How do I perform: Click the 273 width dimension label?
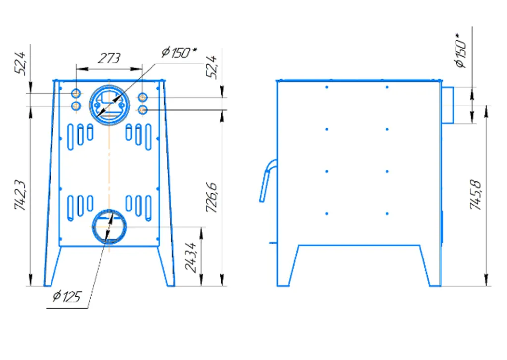109,58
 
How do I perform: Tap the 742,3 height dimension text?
20,195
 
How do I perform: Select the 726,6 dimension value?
212,198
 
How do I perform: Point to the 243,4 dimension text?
191,257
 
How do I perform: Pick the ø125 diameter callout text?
67,296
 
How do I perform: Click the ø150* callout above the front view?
179,52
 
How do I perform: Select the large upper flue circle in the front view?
90,105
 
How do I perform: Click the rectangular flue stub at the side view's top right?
448,105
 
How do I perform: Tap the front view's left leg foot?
48,285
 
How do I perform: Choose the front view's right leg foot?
171,285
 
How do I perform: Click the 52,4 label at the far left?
20,64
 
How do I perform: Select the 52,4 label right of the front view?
212,67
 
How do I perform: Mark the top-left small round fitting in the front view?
76,94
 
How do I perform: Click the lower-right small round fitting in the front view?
143,110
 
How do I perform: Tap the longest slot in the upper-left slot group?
70,137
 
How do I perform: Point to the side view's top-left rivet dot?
327,87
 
